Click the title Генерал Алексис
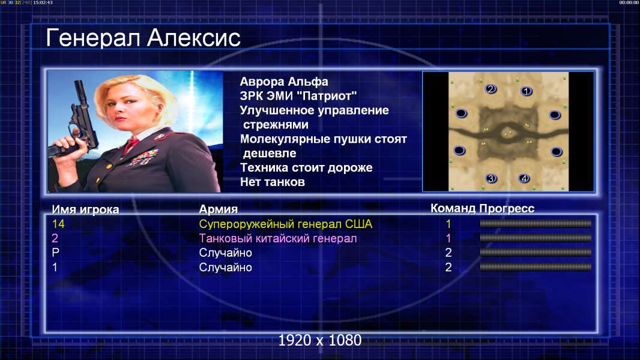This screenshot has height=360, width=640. pos(143,38)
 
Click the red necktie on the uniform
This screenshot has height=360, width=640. pos(131,144)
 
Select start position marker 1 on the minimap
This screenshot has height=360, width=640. pos(527,91)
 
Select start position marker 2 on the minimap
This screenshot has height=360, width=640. pos(491,88)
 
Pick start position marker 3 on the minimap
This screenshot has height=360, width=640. pos(491,178)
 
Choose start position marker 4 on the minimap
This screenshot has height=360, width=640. pos(524,178)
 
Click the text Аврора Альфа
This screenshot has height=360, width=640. pos(283,82)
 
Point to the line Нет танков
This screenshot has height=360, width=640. pos(272,182)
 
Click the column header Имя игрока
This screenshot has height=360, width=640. pos(85,209)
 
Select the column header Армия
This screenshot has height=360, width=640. pos(219,209)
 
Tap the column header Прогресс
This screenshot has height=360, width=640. pos(507,208)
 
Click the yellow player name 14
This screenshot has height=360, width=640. pos(58,224)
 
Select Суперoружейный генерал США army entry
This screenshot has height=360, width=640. pos(286,224)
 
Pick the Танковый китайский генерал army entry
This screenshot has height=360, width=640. pos(278,238)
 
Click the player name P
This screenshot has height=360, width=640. pos(55,253)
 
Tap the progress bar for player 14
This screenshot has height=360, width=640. pos(536,223)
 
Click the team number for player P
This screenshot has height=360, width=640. pos(448,253)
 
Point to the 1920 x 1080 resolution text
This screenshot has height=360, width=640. pos(320,340)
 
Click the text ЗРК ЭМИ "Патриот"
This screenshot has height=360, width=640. pos(298,96)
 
